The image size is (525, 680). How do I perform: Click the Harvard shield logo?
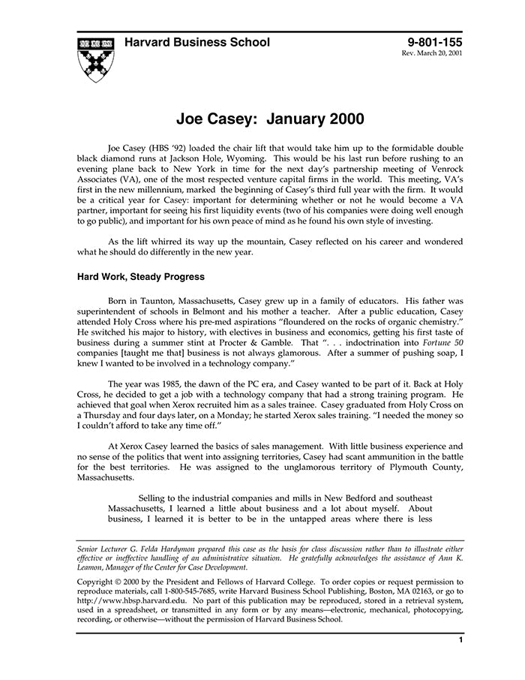click(95, 58)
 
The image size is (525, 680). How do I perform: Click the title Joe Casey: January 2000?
click(270, 119)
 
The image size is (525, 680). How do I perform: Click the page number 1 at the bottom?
click(460, 640)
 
